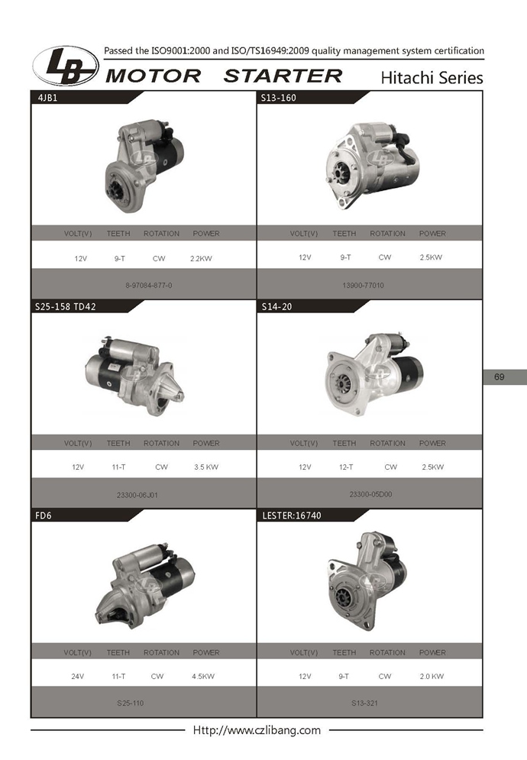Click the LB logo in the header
pos(66,66)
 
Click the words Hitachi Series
pos(432,78)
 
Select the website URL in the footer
pos(257,730)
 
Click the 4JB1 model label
pos(47,98)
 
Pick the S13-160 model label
pos(278,98)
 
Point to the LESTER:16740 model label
pos(291,516)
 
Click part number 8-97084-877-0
pos(148,286)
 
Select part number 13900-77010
pos(363,286)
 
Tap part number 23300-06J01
pos(137,495)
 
